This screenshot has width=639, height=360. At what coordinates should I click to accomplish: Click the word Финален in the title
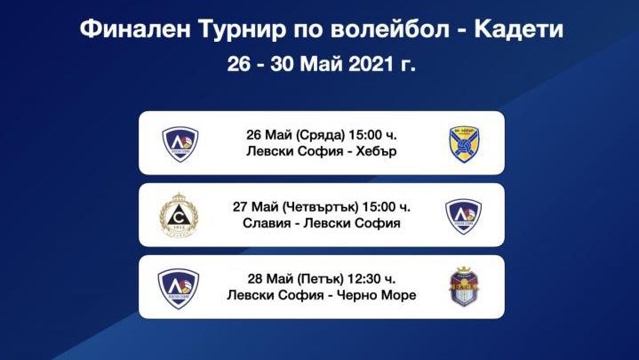pos(130,30)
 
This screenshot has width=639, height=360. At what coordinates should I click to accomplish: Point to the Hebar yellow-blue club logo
pos(464,143)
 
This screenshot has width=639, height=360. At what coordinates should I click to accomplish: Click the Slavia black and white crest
pos(178,215)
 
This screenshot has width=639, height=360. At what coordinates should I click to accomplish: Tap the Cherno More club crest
pos(464,287)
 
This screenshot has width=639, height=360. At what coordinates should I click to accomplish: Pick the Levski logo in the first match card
pos(179,143)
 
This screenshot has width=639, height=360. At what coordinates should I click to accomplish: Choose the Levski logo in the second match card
pos(463,215)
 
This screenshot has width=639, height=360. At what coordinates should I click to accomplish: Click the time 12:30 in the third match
pos(377,278)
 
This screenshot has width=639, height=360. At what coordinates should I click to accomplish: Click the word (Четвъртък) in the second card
pos(310,206)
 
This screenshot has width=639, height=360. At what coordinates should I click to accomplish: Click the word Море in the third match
pos(397,295)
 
